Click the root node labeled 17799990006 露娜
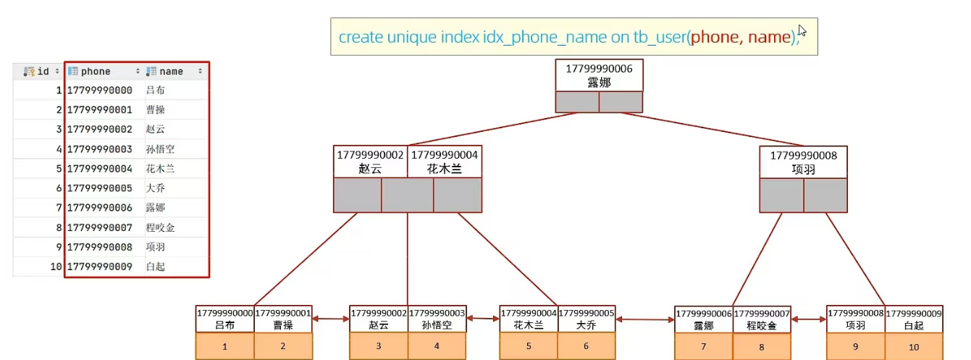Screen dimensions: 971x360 [599, 76]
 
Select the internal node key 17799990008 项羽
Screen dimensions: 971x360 [803, 162]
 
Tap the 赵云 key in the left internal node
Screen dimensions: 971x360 [370, 162]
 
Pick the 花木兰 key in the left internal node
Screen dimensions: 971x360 [444, 162]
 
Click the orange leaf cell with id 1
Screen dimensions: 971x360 [224, 347]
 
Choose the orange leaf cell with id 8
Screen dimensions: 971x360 [761, 347]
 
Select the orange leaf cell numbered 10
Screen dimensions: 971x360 [914, 347]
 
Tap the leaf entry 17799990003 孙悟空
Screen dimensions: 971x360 [437, 319]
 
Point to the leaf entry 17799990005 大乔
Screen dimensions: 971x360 [587, 319]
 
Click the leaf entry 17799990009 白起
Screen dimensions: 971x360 [914, 319]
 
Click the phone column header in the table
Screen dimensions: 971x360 [96, 72]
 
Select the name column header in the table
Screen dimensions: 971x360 [172, 72]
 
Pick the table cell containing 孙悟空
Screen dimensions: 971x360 [160, 149]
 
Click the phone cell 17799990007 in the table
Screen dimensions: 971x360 [100, 227]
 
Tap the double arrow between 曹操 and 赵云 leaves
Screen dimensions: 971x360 [331, 319]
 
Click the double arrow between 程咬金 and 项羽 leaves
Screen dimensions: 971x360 [809, 319]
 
